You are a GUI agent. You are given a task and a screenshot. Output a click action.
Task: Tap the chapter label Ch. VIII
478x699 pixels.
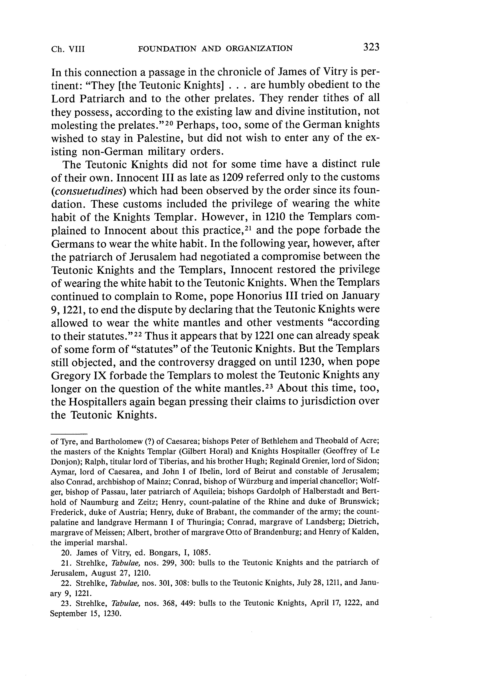point(68,49)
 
